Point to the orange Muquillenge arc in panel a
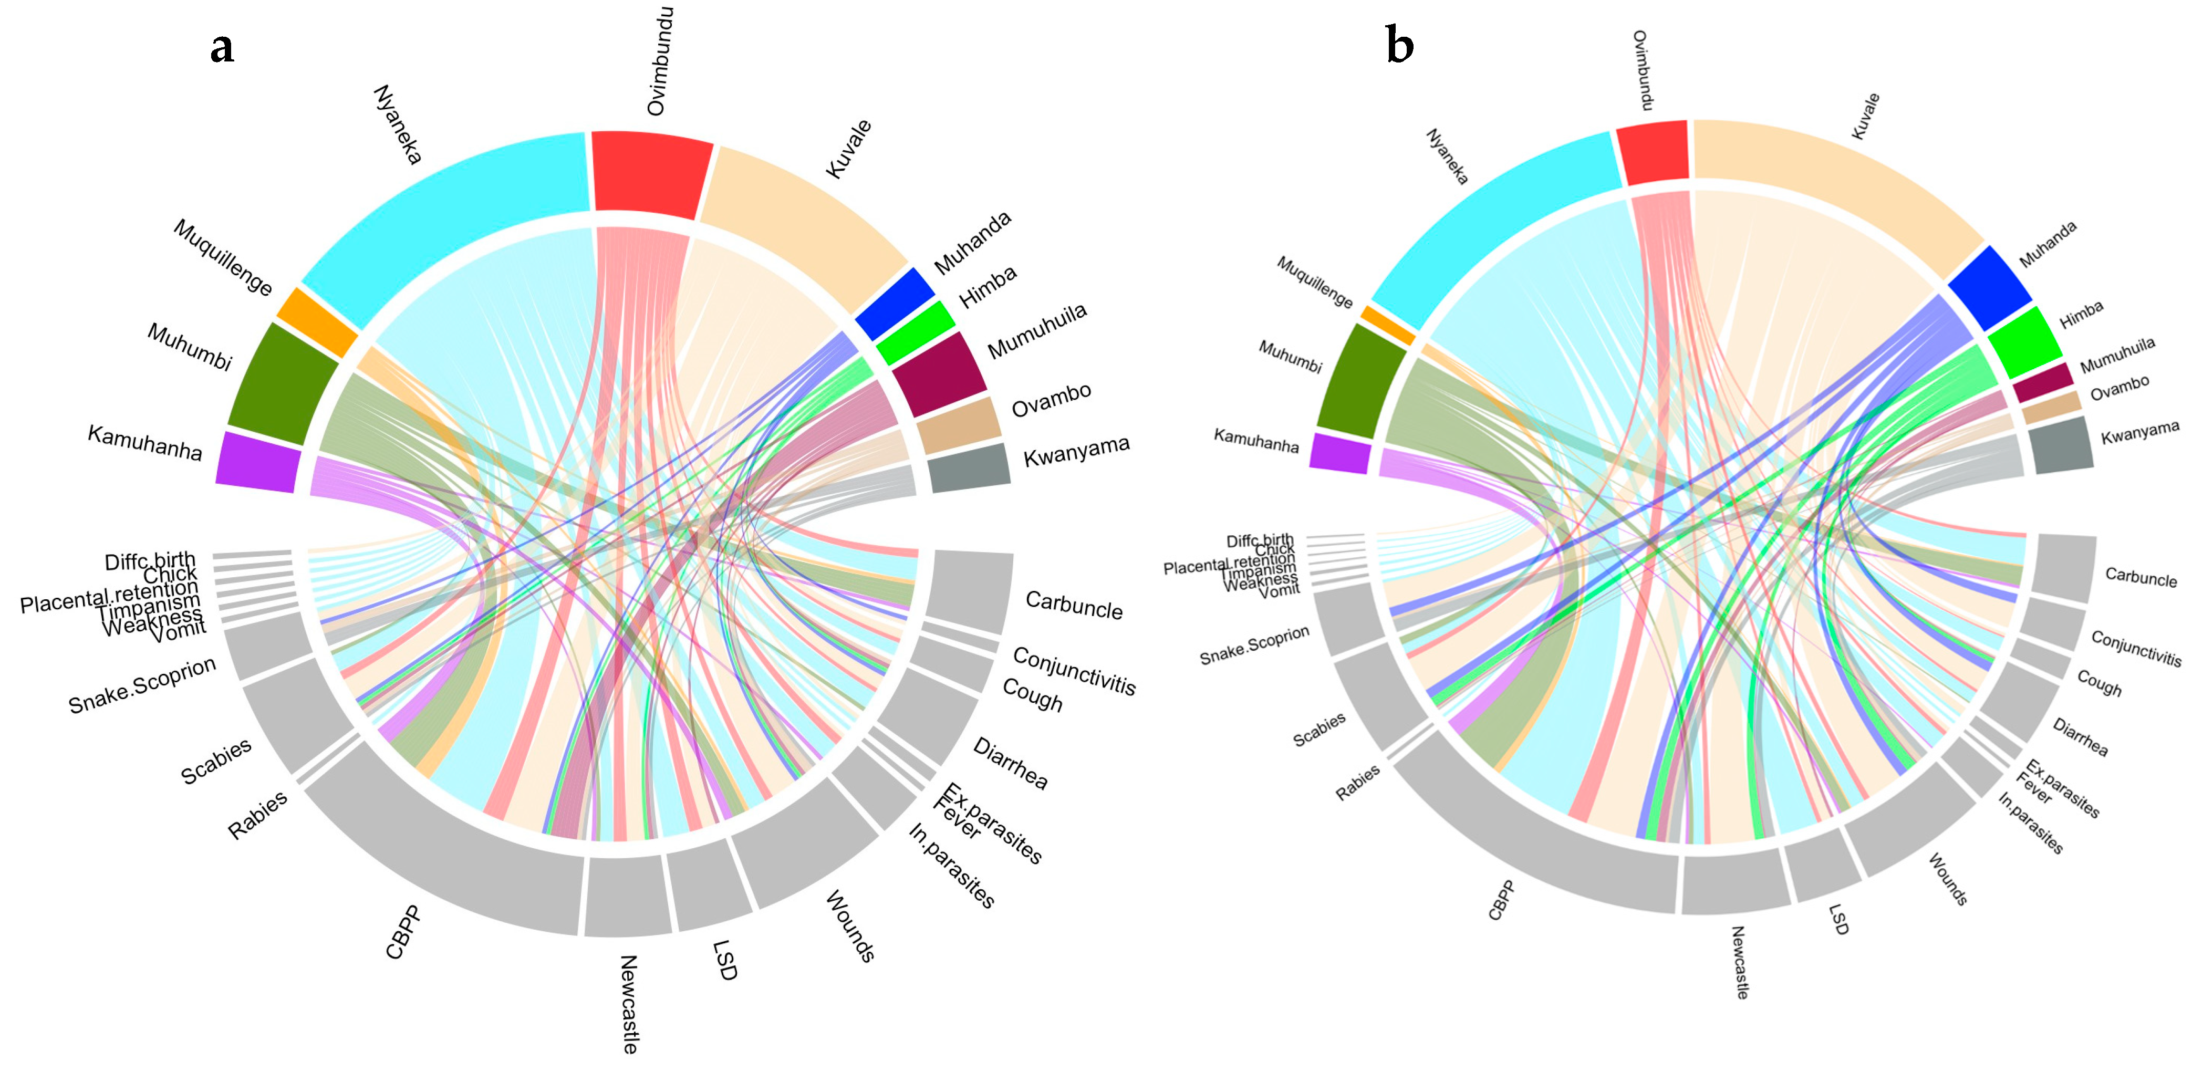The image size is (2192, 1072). tap(317, 321)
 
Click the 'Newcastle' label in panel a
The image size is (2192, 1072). tap(628, 1003)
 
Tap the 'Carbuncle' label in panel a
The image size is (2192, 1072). tap(1073, 605)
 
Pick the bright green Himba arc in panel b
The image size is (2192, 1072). tap(2023, 342)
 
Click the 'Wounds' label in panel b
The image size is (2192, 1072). tap(1947, 878)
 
